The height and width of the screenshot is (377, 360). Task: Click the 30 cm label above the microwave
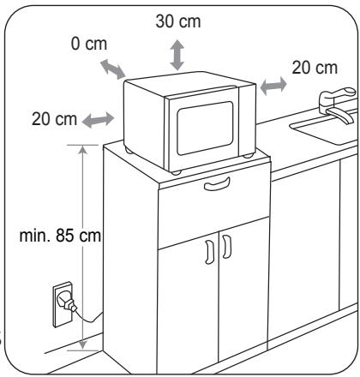178,21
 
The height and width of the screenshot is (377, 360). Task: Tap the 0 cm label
89,44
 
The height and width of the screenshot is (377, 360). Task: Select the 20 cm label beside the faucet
315,68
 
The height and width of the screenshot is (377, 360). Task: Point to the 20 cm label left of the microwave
54,119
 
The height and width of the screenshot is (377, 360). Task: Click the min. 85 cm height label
60,236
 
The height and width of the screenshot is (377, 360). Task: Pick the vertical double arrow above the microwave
177,55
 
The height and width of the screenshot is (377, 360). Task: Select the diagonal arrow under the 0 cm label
113,69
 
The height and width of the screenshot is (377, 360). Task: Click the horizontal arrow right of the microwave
273,86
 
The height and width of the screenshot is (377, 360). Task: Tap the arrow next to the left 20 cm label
98,120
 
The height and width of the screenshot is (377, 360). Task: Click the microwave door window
205,128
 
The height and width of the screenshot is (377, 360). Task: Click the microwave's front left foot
176,172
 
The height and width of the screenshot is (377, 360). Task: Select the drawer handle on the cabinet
217,183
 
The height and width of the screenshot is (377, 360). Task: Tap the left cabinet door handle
209,252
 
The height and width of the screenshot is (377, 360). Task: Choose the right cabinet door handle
226,247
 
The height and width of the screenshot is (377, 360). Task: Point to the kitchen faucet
339,105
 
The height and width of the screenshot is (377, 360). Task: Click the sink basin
325,130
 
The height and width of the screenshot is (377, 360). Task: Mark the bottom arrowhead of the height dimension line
82,345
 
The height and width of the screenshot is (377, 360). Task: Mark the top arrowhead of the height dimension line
82,150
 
